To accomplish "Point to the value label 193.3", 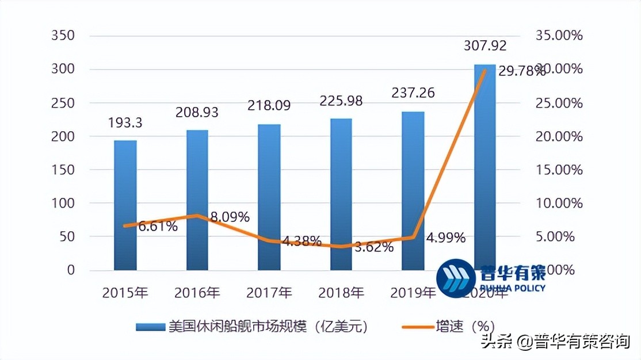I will [x=125, y=122].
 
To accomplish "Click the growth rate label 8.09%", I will [x=229, y=217].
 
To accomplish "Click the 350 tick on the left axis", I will [x=63, y=36].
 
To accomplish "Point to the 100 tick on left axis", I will [x=63, y=204].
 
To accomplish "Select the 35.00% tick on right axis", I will [x=559, y=36].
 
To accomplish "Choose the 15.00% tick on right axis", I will [x=559, y=170].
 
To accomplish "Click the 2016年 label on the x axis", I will [x=197, y=293].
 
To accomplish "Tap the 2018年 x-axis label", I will [x=341, y=293].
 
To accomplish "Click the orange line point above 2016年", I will [x=197, y=216].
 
